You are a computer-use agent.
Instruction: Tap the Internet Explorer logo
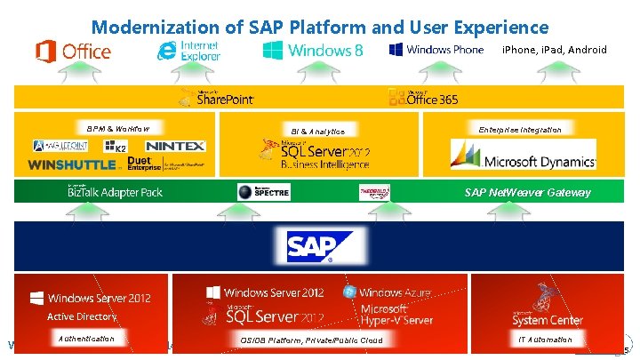pos(189,50)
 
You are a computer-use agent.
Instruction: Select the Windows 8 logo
pos(312,50)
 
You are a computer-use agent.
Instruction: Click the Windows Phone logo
pos(436,50)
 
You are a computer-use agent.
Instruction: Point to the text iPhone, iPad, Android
pos(554,50)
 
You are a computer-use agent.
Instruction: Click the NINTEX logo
pos(174,146)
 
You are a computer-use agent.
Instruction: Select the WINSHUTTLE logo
pos(72,164)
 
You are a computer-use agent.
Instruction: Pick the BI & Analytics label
pos(317,131)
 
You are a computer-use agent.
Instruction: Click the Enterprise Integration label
pos(520,130)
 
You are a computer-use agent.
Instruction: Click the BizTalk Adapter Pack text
pos(115,192)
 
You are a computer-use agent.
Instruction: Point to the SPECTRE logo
pos(264,192)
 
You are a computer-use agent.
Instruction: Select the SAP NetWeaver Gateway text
pos(527,192)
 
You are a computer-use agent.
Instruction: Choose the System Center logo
pos(547,307)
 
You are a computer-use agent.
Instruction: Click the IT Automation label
pos(545,339)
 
